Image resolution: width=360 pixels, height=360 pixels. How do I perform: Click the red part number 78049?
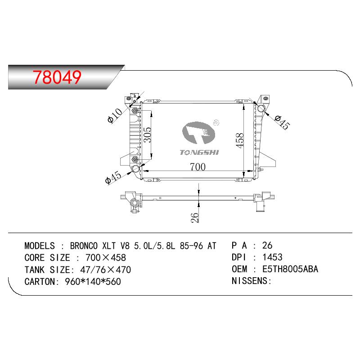[x=57, y=77]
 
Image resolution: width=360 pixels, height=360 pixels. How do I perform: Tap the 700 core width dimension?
[x=198, y=167]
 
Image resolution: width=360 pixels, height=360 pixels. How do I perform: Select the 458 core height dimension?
[x=239, y=140]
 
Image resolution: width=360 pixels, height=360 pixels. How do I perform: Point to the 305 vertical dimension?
[x=148, y=135]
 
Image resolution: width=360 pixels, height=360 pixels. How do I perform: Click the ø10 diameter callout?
[x=115, y=116]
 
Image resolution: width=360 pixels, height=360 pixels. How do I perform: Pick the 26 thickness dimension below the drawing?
[x=194, y=217]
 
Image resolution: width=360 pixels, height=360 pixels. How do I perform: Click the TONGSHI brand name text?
[x=199, y=153]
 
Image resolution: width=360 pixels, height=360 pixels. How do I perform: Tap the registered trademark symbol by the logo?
[x=216, y=123]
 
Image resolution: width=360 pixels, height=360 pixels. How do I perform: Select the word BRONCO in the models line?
[x=84, y=246]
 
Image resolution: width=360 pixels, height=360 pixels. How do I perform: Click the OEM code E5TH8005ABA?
[x=290, y=269]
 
